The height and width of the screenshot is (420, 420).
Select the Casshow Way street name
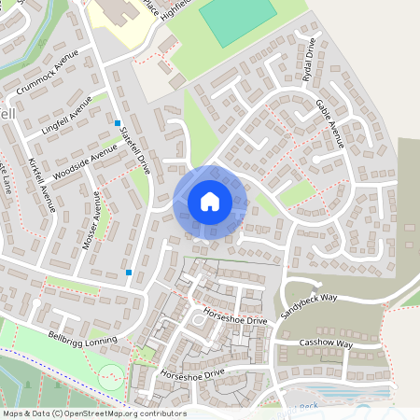(326, 344)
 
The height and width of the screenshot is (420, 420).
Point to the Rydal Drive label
(310, 62)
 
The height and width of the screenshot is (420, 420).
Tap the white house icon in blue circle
(210, 202)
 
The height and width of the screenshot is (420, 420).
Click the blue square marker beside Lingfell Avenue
(118, 123)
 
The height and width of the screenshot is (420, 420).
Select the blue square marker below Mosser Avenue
(129, 273)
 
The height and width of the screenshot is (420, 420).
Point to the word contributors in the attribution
(164, 413)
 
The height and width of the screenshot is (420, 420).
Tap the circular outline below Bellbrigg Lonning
(111, 378)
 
